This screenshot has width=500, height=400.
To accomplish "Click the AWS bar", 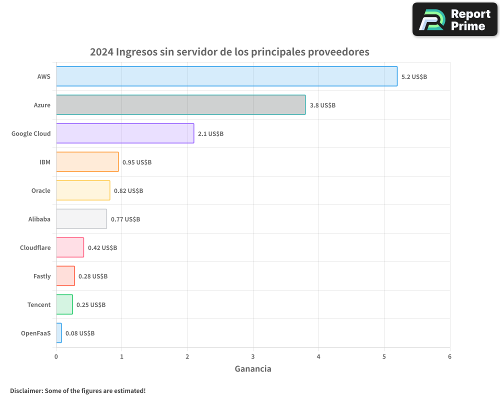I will click(226, 76).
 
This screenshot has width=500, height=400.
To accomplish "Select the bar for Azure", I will click(180, 105).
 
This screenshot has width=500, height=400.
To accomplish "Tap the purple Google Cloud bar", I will click(125, 133).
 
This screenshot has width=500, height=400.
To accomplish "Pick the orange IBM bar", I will click(87, 162).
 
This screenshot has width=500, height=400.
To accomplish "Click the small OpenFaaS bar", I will click(59, 333).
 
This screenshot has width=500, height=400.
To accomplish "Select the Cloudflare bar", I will click(70, 247).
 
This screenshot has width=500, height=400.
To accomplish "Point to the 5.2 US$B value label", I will click(414, 77).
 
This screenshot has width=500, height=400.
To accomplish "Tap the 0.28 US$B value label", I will click(93, 276).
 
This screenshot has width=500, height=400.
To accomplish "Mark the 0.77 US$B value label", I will click(125, 219).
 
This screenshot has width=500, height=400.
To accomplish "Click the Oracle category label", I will click(40, 190).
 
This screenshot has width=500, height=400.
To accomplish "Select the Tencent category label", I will click(39, 304).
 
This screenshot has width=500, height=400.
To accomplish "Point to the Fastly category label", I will click(42, 276).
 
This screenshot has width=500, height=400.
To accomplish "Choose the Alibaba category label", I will click(39, 219).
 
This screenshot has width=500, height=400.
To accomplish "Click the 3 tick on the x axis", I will click(253, 356).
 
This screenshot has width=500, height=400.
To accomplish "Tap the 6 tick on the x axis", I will click(449, 356).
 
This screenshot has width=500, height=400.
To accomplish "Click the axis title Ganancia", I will click(253, 369).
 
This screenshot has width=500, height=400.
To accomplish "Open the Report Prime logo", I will click(455, 19).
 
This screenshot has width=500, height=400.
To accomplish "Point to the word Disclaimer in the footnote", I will click(26, 390).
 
